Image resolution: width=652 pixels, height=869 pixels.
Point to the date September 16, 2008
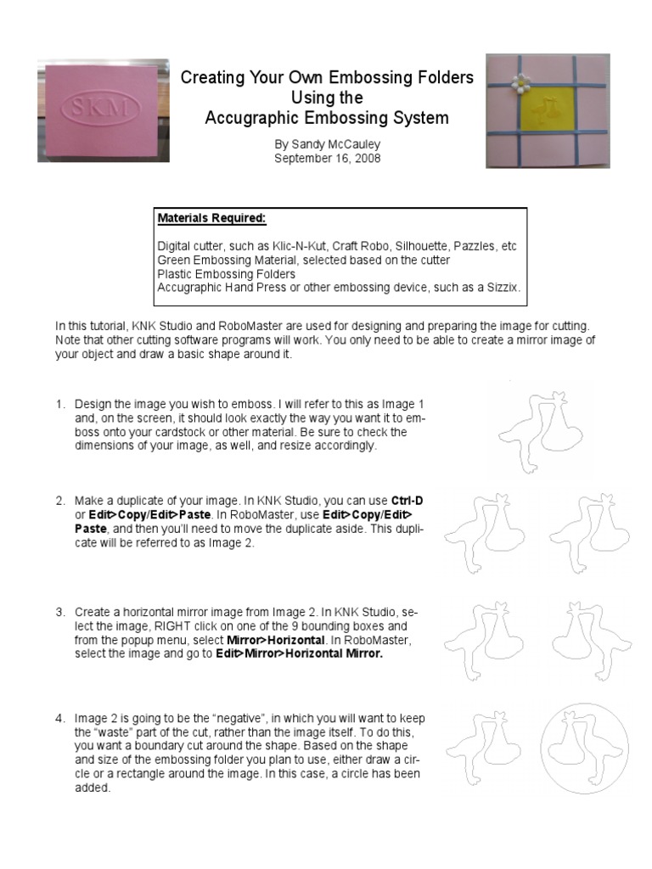pyautogui.click(x=327, y=158)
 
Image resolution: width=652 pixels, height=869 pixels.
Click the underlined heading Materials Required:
pyautogui.click(x=211, y=218)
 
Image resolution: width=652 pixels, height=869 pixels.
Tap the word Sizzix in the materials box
pyautogui.click(x=502, y=288)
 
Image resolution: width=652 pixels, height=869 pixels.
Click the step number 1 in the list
pyautogui.click(x=60, y=404)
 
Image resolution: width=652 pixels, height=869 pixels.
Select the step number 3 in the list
pyautogui.click(x=60, y=611)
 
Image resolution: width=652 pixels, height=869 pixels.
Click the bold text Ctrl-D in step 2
pyautogui.click(x=407, y=501)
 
